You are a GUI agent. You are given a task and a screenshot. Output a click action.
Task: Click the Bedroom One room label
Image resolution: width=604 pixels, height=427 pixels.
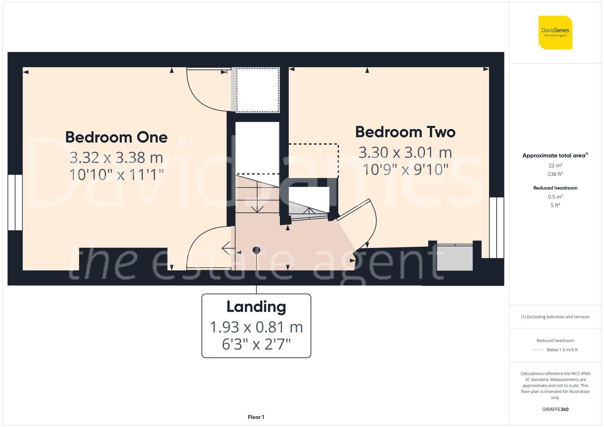(116, 137)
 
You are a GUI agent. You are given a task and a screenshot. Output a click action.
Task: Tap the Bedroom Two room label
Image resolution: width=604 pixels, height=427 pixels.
(405, 132)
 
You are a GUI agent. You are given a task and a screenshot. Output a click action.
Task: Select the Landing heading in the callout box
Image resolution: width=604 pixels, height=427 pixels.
(256, 307)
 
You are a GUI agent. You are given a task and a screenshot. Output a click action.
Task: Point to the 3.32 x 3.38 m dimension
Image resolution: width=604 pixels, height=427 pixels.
(116, 158)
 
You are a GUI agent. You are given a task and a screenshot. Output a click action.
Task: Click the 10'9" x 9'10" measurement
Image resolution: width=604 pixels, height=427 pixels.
(405, 170)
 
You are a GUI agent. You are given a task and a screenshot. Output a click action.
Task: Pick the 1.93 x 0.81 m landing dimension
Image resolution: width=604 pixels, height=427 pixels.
(256, 327)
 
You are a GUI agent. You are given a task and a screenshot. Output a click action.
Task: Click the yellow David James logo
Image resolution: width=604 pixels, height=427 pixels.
(555, 33)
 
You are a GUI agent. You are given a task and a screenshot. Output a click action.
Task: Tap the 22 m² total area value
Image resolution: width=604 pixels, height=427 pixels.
(555, 165)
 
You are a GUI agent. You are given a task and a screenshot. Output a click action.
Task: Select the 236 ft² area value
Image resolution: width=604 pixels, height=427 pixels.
(555, 174)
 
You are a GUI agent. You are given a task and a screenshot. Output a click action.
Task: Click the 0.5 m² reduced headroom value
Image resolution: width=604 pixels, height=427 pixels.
(555, 197)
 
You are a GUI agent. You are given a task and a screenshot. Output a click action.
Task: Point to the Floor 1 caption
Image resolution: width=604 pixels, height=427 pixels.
(256, 417)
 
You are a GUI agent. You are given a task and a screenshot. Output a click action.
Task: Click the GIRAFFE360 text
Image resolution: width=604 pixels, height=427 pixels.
(555, 409)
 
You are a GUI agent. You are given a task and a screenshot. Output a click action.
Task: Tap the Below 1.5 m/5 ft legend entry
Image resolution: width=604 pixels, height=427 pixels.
(562, 350)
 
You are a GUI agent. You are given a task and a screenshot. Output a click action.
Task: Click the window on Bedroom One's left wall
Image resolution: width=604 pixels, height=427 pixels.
(15, 202)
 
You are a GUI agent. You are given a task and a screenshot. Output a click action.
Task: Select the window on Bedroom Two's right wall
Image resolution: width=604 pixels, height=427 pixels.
(496, 228)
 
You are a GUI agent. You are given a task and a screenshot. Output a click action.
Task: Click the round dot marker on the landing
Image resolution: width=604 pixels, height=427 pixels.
(256, 250)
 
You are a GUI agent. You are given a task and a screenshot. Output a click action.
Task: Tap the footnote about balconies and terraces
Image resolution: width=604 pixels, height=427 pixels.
(555, 317)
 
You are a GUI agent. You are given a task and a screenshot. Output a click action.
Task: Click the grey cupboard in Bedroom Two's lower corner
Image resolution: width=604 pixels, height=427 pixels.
(455, 258)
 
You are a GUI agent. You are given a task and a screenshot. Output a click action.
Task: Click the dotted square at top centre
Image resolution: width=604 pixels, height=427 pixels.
(257, 90)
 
